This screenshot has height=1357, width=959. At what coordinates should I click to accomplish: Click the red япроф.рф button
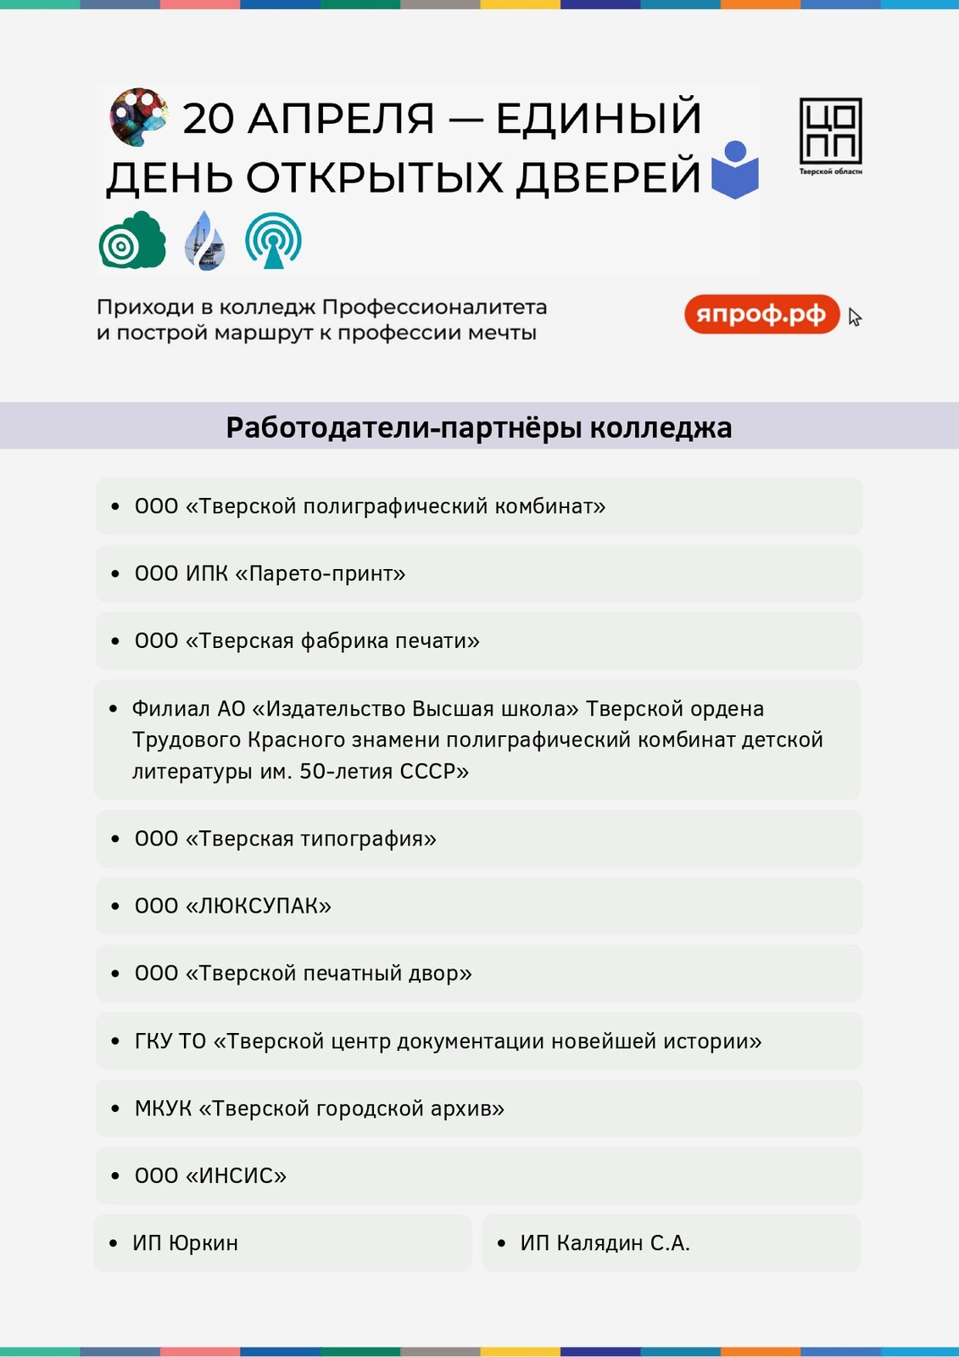(x=761, y=315)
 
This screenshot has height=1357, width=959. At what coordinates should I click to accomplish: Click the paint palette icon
(x=138, y=115)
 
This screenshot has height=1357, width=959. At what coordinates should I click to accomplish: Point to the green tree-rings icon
(x=131, y=241)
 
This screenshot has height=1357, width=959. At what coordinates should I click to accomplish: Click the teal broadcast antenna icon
(x=273, y=240)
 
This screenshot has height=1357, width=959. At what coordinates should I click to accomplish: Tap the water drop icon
(x=205, y=241)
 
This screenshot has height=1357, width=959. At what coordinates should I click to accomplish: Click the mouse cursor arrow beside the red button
(x=854, y=317)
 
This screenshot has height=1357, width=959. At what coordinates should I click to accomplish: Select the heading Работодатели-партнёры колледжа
(x=479, y=427)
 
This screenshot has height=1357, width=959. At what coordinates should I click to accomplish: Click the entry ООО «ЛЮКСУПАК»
(x=232, y=906)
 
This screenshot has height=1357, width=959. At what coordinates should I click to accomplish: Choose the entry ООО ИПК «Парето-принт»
(x=270, y=574)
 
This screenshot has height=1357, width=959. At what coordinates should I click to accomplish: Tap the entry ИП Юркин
(x=185, y=1243)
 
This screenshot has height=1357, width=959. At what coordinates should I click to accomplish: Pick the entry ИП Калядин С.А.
(x=605, y=1243)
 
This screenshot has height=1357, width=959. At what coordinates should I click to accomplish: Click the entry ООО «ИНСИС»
(x=210, y=1176)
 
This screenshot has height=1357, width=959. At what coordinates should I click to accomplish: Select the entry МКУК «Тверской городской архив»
(x=319, y=1108)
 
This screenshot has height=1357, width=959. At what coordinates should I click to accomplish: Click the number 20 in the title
(x=208, y=119)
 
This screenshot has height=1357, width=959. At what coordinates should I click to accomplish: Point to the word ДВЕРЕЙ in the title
(x=609, y=178)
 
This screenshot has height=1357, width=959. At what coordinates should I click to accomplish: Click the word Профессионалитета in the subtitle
(x=434, y=307)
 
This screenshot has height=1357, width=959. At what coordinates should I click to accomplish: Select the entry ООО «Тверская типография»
(x=285, y=839)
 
